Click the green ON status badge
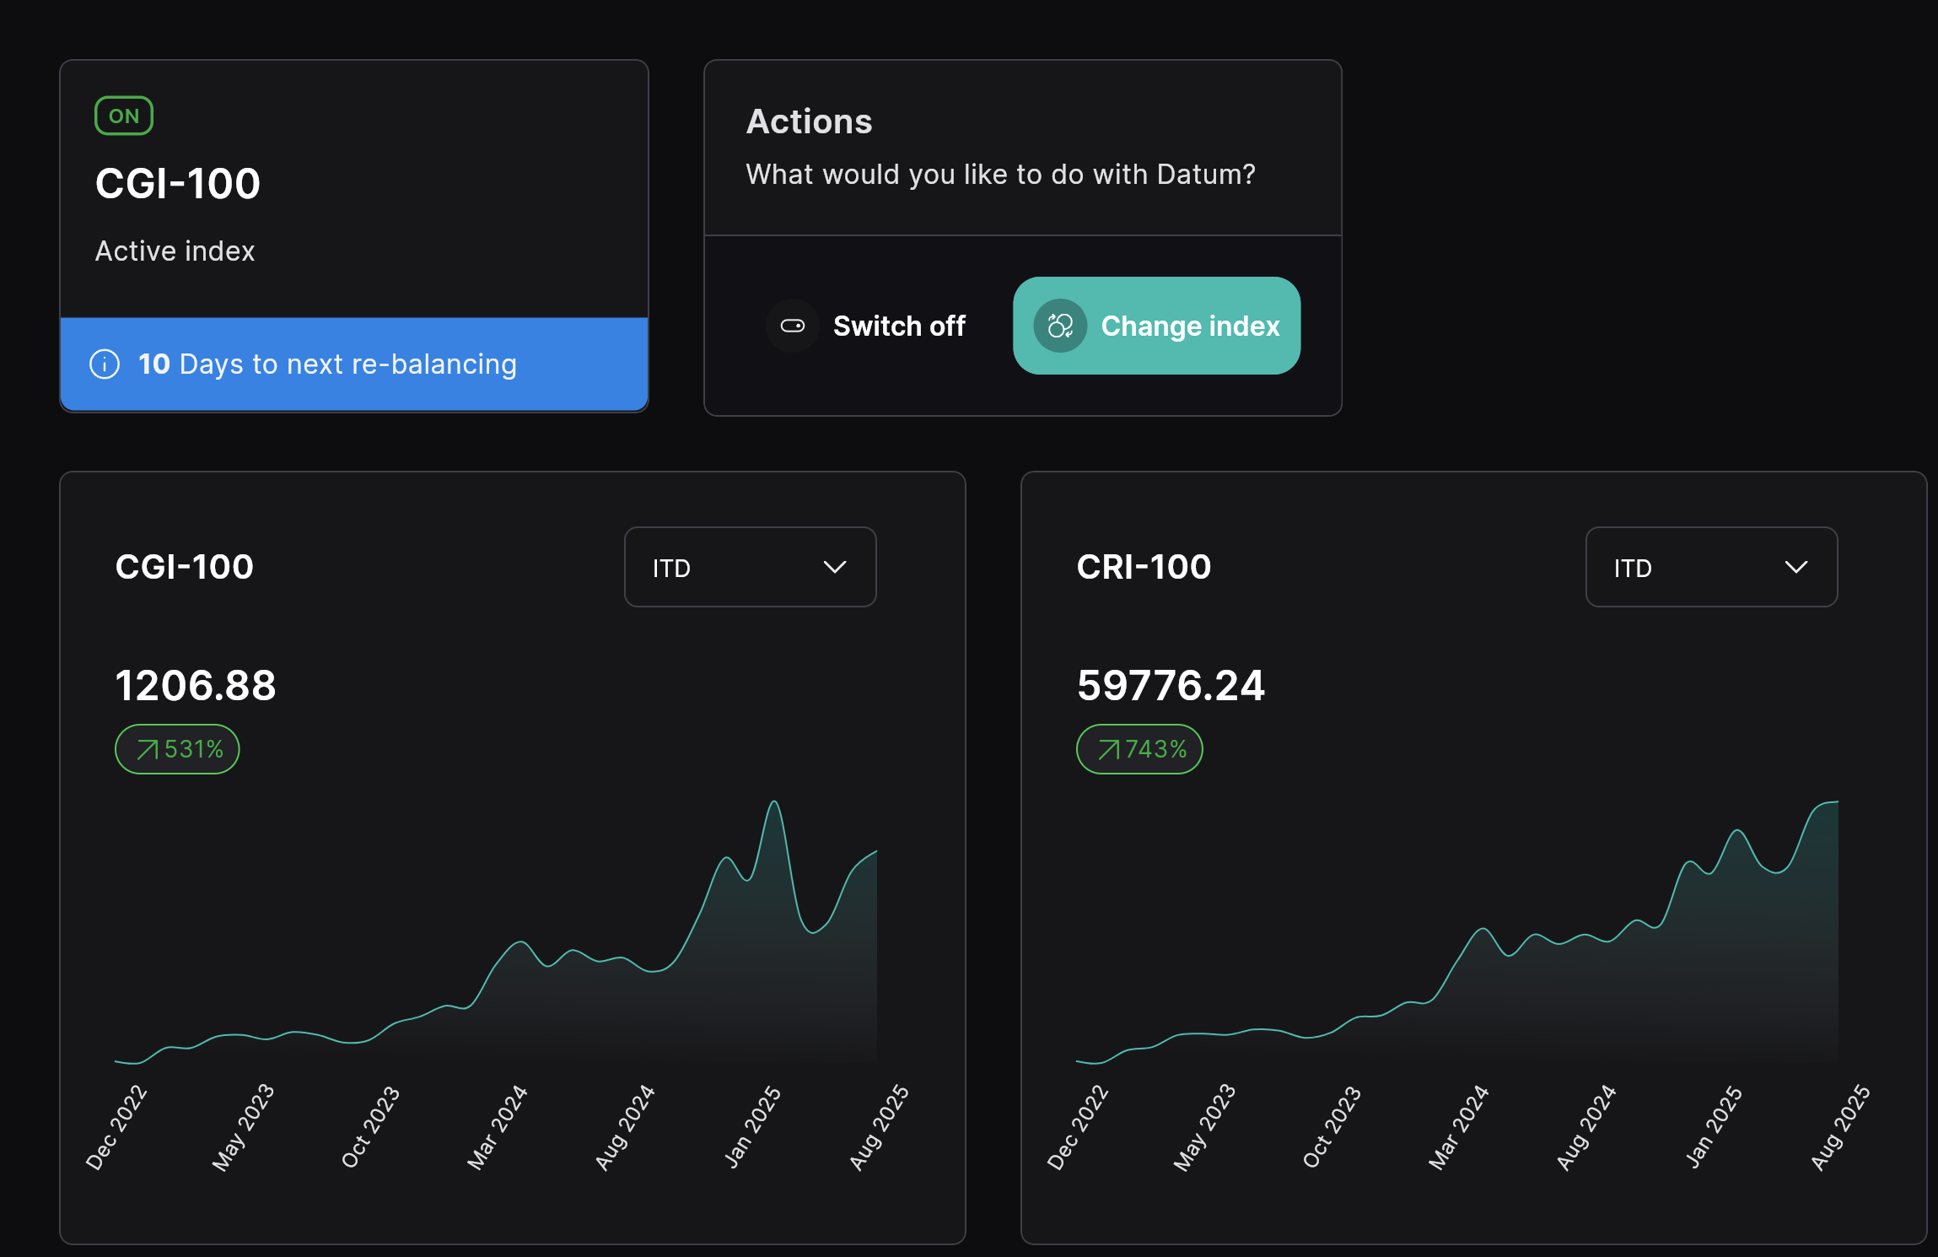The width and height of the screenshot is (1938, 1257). pyautogui.click(x=124, y=116)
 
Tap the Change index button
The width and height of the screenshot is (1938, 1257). pyautogui.click(x=1156, y=326)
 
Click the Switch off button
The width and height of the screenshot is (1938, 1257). pyautogui.click(x=867, y=326)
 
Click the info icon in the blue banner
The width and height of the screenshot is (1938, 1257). pyautogui.click(x=105, y=364)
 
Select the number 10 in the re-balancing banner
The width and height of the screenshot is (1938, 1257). pyautogui.click(x=153, y=364)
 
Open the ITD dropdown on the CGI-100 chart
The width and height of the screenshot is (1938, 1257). pyautogui.click(x=750, y=567)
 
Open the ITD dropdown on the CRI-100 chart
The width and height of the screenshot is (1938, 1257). pyautogui.click(x=1711, y=567)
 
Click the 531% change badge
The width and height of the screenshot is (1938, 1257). pyautogui.click(x=177, y=749)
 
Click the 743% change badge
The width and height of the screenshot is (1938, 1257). pyautogui.click(x=1139, y=749)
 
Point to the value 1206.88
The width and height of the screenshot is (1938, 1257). pyautogui.click(x=196, y=685)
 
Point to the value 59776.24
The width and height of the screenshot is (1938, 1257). pyautogui.click(x=1171, y=685)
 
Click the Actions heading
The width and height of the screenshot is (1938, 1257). pyautogui.click(x=809, y=121)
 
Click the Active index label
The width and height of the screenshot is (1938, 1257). pyautogui.click(x=175, y=251)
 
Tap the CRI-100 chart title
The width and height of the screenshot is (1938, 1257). pyautogui.click(x=1144, y=567)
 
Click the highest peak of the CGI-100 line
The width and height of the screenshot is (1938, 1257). pyautogui.click(x=774, y=802)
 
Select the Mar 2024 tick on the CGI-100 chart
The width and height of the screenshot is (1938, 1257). pyautogui.click(x=498, y=1127)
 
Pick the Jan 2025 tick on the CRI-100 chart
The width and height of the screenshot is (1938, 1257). pyautogui.click(x=1714, y=1127)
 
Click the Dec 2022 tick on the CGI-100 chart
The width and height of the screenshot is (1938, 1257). pyautogui.click(x=116, y=1127)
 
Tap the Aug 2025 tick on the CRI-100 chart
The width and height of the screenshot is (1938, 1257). pyautogui.click(x=1840, y=1127)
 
